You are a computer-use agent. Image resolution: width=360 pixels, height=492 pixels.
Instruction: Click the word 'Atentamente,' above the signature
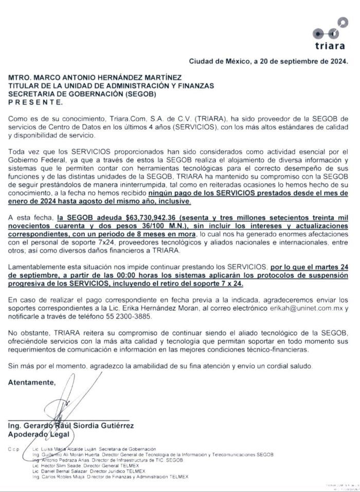31,382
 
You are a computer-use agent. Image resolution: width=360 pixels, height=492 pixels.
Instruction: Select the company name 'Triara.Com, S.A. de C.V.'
167,119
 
